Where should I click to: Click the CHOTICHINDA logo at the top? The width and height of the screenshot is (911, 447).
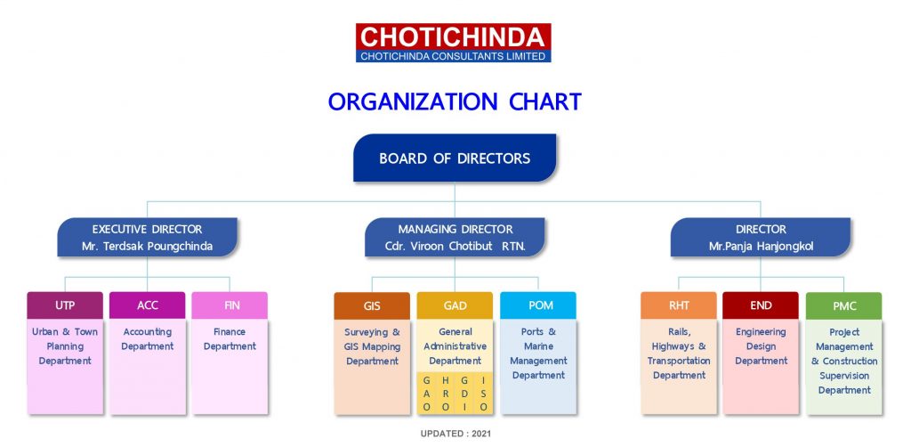454,42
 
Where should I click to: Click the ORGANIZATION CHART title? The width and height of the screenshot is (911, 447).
455,102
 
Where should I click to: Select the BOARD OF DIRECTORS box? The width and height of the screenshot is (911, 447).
455,158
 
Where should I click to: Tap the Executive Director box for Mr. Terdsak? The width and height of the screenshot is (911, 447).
147,238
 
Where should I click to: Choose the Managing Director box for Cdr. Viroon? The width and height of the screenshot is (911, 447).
455,238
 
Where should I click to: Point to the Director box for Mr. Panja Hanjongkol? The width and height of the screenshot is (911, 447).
761,238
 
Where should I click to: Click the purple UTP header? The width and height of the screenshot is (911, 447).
65,305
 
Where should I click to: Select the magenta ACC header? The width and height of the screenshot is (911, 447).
148,305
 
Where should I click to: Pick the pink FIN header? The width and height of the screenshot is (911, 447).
230,305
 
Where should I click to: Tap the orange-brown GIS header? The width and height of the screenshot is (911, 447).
372,305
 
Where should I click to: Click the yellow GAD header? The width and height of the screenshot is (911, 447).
455,305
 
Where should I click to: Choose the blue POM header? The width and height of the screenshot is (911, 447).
537,305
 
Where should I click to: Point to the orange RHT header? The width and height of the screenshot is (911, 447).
679,305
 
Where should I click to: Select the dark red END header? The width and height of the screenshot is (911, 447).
761,305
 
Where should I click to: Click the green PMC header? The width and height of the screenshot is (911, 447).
843,305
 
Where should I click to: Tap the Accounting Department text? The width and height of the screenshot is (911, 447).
148,339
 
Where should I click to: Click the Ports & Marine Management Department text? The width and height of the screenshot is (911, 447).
538,354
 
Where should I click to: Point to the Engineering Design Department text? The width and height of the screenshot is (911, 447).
761,346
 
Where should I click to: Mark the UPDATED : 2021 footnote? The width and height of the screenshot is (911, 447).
455,434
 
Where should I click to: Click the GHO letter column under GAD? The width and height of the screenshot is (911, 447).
427,393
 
